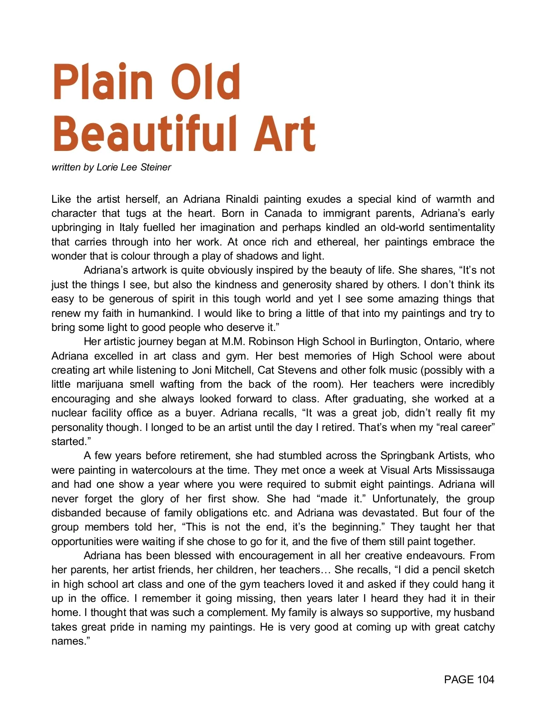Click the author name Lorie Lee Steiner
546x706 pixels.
[x=134, y=167]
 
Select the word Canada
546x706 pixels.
[x=283, y=214]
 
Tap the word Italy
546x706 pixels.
[x=129, y=228]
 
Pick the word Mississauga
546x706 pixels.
[x=465, y=470]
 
